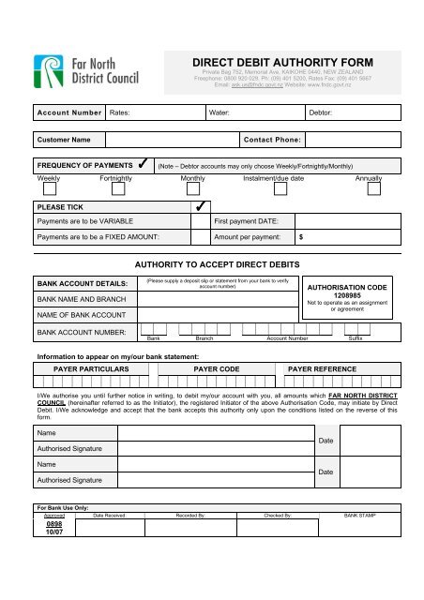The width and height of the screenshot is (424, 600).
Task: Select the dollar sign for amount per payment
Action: (x=300, y=237)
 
